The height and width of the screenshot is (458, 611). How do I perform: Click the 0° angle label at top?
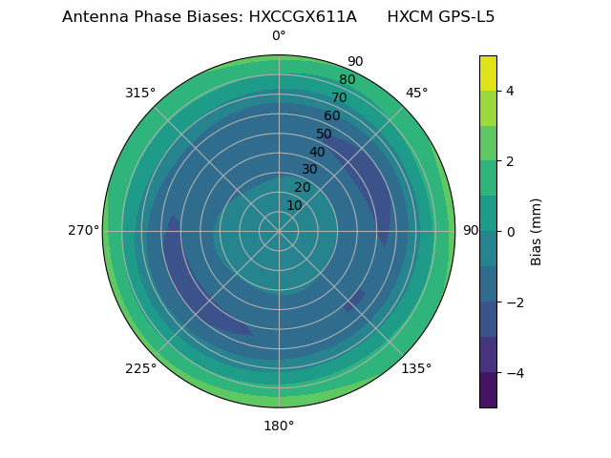tap(279, 36)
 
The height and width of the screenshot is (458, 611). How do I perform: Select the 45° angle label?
tap(416, 93)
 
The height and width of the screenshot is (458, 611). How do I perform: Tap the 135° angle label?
tap(416, 368)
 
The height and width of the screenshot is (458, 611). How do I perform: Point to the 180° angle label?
tap(279, 426)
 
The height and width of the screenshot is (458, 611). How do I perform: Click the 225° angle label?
tap(140, 368)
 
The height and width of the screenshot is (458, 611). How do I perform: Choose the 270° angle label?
tap(83, 230)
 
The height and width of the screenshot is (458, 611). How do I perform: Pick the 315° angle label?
tap(140, 93)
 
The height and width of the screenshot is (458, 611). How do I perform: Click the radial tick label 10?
tap(294, 205)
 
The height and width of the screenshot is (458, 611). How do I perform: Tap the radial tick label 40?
tap(317, 152)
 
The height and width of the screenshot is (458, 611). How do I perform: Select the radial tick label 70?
tap(339, 97)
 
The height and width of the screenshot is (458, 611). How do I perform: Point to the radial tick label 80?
tap(347, 79)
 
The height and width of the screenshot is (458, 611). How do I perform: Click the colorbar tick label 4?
tap(510, 91)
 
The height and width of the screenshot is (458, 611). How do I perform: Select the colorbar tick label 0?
tap(510, 231)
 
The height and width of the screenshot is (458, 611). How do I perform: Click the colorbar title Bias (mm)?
tap(537, 231)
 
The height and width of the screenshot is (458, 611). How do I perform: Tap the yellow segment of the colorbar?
tap(488, 73)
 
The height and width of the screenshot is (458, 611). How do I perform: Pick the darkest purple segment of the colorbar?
tap(488, 389)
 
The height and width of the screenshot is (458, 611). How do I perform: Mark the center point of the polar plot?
tap(279, 231)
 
